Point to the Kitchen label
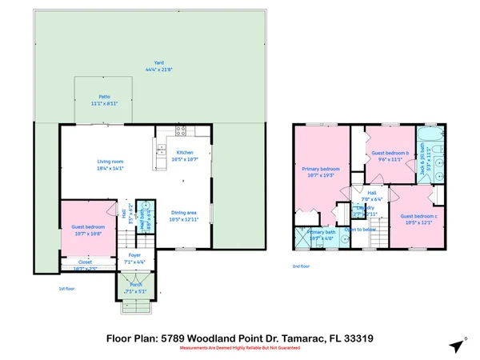pos(185,152)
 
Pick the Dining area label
pos(185,212)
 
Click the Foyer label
pos(134,256)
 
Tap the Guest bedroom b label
pos(390,153)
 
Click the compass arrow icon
pos(457,346)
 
